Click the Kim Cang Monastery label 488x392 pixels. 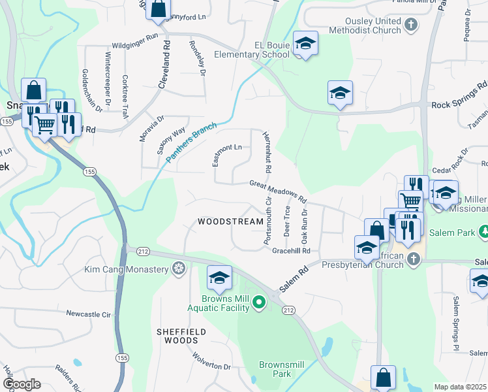(127, 269)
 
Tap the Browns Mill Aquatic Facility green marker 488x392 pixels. (259, 302)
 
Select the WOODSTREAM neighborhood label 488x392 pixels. (230, 222)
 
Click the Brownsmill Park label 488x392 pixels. (283, 369)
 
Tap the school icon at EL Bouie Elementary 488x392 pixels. (305, 44)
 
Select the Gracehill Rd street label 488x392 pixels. (290, 251)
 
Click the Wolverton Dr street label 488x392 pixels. (211, 361)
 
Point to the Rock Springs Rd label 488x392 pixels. (459, 95)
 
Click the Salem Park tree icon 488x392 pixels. (483, 232)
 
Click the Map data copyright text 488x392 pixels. (461, 387)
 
